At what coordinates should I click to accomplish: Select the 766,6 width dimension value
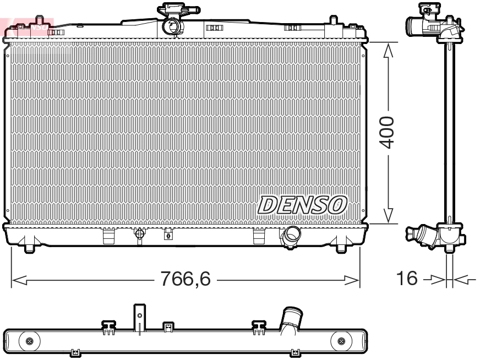[186, 280]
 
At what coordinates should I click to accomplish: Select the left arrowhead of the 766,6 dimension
[19, 280]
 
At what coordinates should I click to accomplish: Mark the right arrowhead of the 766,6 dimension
[352, 280]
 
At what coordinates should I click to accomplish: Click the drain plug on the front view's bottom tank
[140, 234]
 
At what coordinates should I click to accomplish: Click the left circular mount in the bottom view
[29, 341]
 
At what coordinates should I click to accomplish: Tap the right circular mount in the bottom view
[341, 341]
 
